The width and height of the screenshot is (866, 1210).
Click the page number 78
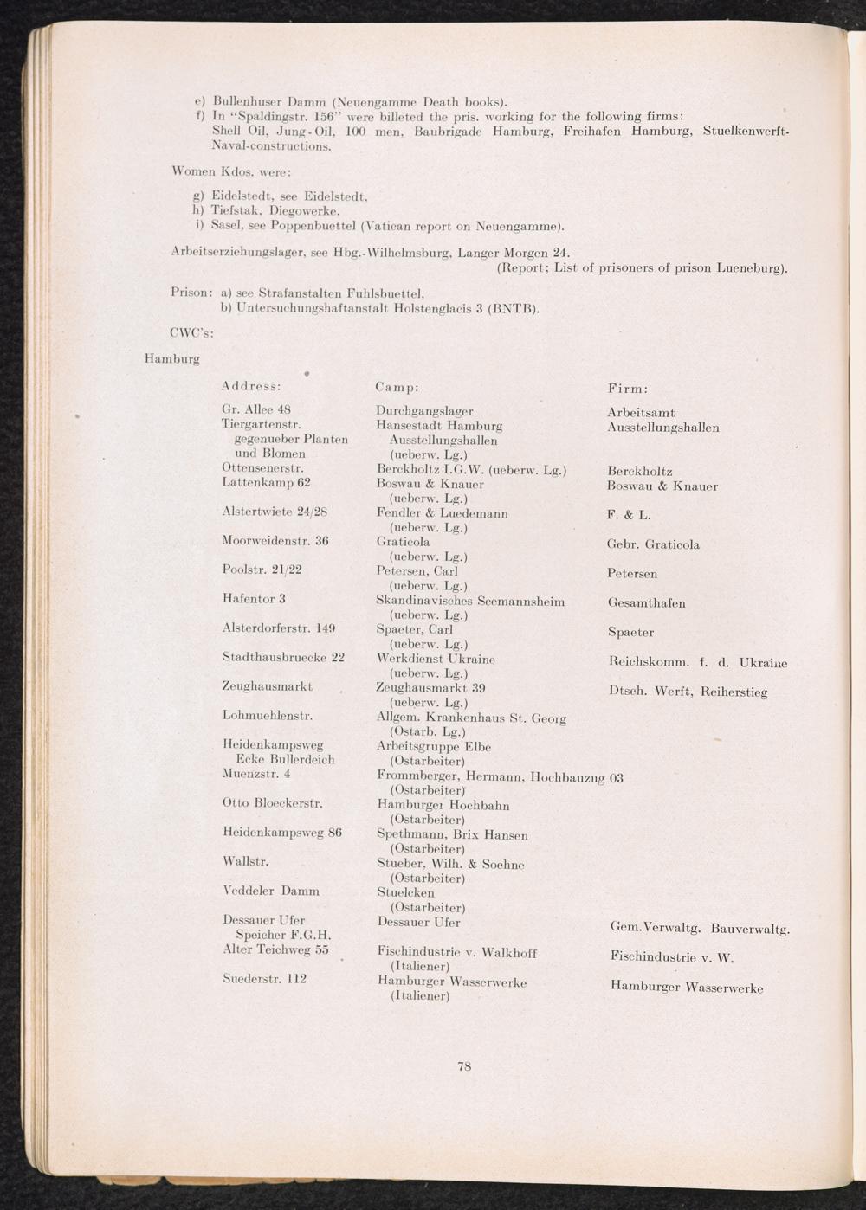click(x=464, y=1066)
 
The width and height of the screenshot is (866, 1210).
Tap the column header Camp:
click(x=397, y=387)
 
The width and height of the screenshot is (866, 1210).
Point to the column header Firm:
click(x=628, y=389)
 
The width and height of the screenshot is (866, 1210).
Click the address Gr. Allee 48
click(x=257, y=409)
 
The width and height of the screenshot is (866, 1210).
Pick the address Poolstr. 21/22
click(x=262, y=570)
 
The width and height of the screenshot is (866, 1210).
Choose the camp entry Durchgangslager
click(x=424, y=411)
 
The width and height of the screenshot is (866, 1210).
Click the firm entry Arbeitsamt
click(x=641, y=413)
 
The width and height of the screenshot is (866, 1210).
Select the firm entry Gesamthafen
click(x=646, y=603)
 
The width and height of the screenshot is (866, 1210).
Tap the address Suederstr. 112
click(x=264, y=979)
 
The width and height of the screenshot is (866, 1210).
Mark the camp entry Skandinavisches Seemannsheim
click(x=470, y=601)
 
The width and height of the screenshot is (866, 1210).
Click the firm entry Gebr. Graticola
click(x=653, y=544)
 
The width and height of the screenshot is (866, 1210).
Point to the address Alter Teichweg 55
click(x=275, y=949)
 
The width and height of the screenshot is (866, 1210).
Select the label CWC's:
click(x=192, y=330)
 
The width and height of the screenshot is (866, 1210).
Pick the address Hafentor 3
click(x=254, y=598)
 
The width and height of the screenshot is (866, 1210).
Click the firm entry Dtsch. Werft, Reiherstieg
click(x=688, y=692)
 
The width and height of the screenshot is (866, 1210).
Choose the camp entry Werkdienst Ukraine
click(x=436, y=659)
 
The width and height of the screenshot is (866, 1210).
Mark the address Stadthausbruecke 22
click(x=283, y=657)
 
